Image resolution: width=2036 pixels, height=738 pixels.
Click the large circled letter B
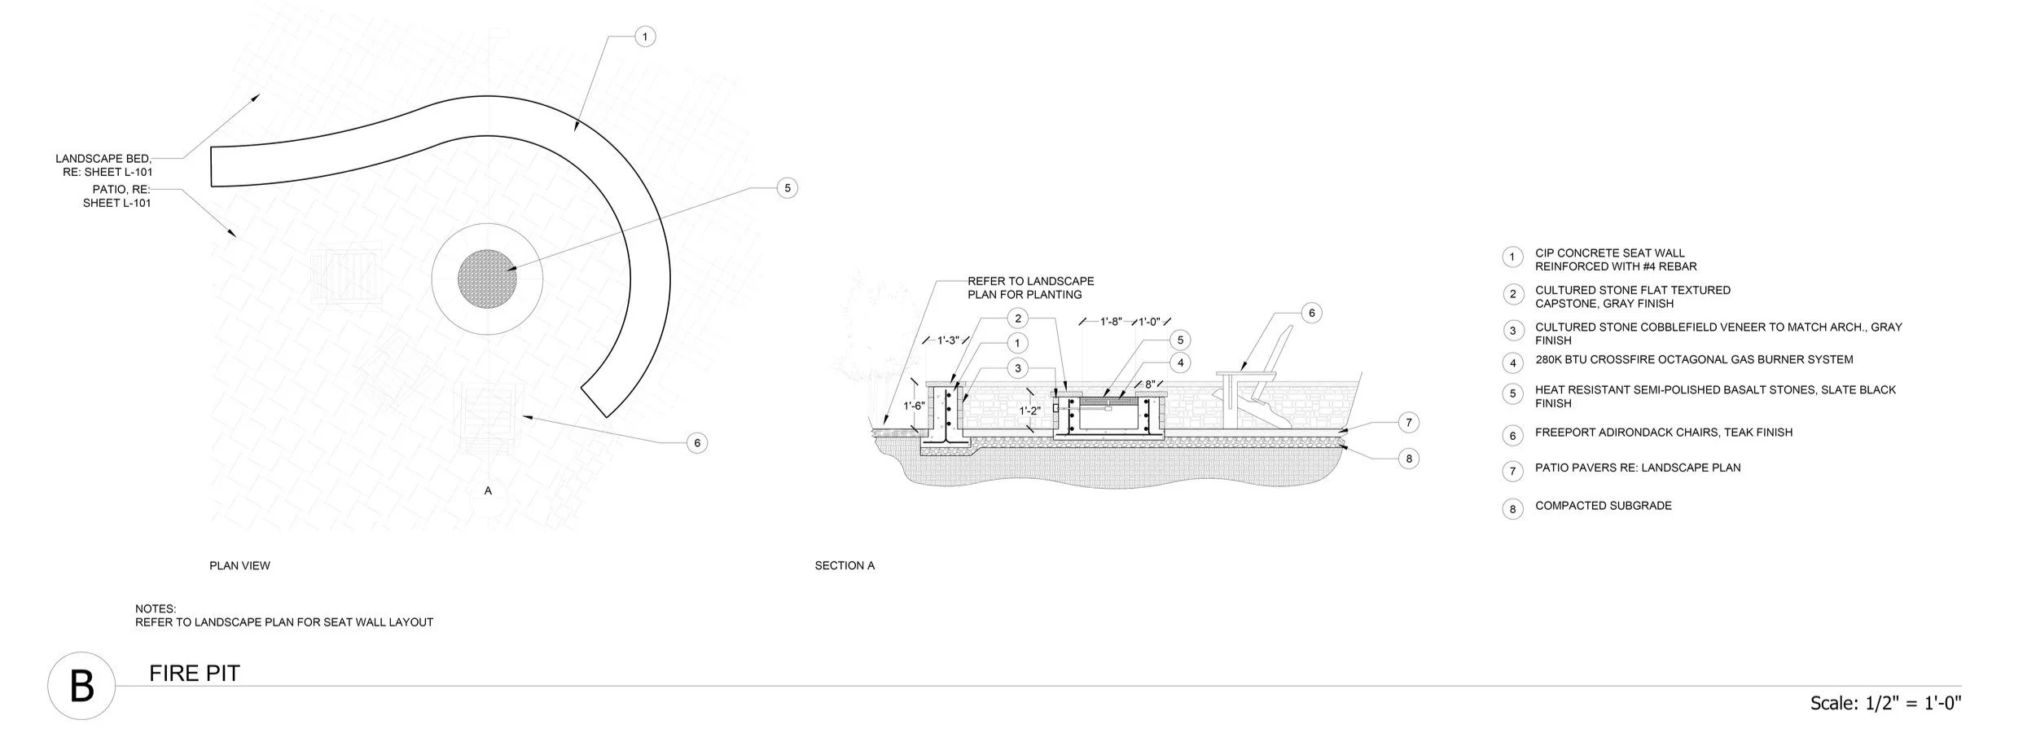click(81, 686)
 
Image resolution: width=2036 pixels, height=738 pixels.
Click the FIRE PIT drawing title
click(195, 674)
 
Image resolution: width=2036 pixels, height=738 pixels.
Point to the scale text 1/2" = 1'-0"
click(1885, 702)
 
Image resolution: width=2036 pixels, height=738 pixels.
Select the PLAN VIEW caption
click(239, 565)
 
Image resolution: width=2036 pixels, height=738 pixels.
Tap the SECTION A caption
click(845, 565)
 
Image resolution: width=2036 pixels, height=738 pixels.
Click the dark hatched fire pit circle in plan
click(487, 279)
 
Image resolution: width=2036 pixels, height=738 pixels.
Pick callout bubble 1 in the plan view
click(645, 37)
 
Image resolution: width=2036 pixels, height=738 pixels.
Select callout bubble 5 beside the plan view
click(787, 188)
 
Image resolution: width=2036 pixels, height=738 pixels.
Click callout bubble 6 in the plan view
click(696, 443)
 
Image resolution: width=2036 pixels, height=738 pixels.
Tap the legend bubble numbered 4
click(1512, 362)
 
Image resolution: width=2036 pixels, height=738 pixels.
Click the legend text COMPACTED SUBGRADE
click(1603, 506)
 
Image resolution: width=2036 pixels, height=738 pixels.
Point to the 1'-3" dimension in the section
click(947, 340)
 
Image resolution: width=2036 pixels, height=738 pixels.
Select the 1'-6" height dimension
click(914, 406)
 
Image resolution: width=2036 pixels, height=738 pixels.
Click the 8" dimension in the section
click(1150, 384)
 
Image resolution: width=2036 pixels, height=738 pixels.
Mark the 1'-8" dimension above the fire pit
click(1111, 322)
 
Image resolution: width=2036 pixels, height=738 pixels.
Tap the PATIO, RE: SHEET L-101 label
click(118, 196)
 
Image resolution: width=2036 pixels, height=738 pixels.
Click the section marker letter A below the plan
click(488, 491)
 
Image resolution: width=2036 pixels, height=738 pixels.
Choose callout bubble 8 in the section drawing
click(1409, 459)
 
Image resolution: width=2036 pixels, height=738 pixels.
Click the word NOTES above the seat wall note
click(156, 608)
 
